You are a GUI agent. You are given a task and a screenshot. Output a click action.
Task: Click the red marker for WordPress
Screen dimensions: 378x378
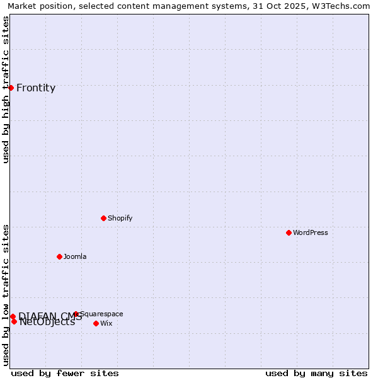point(289,232)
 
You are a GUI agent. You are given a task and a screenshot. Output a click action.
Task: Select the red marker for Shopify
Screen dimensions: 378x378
point(103,218)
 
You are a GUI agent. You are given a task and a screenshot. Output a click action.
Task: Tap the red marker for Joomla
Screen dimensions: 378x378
point(59,256)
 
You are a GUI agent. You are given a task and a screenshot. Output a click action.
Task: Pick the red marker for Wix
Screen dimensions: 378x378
point(96,323)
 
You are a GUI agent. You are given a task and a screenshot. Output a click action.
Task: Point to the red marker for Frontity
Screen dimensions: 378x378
point(11,88)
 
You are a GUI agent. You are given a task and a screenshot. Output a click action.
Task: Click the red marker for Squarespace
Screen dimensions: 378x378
point(76,313)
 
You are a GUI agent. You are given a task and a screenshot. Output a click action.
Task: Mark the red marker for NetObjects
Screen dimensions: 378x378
point(14,321)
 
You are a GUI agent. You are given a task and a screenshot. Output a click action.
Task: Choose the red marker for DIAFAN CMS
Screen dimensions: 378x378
point(13,316)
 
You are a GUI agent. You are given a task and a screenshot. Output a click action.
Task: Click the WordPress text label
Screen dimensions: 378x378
point(311,232)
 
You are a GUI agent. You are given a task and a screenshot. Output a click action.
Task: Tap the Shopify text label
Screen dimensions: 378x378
point(120,218)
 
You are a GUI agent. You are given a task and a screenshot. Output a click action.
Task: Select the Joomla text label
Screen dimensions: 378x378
point(75,256)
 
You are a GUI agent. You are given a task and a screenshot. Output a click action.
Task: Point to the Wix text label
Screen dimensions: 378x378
point(106,323)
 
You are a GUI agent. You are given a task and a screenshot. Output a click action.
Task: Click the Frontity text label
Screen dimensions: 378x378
point(36,88)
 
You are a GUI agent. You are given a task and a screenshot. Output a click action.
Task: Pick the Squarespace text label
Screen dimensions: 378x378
point(102,314)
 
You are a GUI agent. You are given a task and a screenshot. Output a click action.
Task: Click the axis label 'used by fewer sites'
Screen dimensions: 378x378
point(65,373)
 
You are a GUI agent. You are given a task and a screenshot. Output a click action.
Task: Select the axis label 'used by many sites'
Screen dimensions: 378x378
point(316,373)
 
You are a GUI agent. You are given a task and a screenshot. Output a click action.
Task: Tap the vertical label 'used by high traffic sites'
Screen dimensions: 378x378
point(6,89)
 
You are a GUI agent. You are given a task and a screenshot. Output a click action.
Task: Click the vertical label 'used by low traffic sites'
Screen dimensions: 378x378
point(6,295)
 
